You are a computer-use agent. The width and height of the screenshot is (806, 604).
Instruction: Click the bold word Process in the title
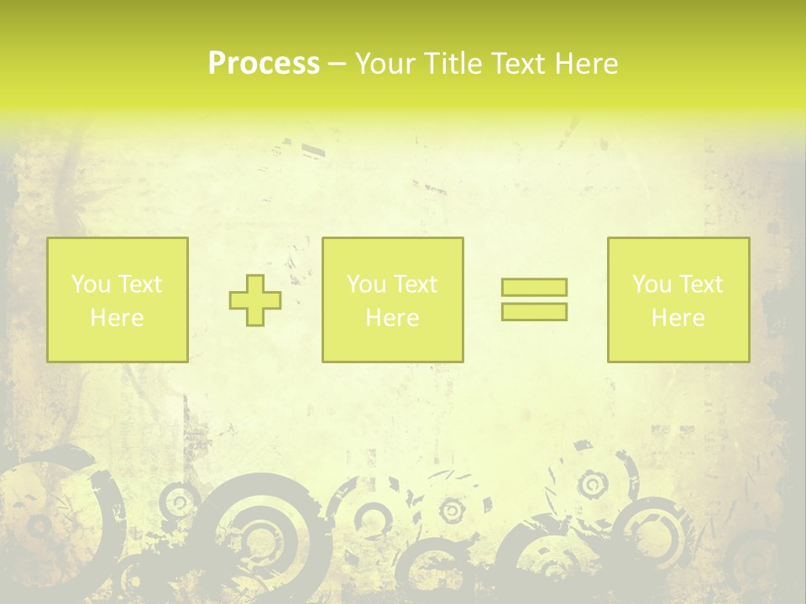[264, 64]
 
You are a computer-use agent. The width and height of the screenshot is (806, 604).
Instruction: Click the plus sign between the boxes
[255, 300]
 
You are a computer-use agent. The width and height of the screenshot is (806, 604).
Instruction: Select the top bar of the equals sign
[534, 288]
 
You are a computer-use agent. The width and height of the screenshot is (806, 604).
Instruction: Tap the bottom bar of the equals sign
[534, 312]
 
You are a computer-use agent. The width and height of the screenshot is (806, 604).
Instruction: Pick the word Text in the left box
[139, 284]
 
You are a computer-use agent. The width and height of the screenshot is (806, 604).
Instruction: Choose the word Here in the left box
[117, 318]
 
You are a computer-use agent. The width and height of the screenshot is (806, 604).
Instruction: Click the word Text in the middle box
[415, 284]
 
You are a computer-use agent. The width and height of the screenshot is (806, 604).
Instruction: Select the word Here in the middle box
[392, 318]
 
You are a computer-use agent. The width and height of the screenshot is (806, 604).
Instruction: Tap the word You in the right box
[652, 284]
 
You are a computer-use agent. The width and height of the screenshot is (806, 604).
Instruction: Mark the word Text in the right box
[700, 284]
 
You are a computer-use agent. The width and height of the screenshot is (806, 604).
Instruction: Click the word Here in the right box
[678, 318]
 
